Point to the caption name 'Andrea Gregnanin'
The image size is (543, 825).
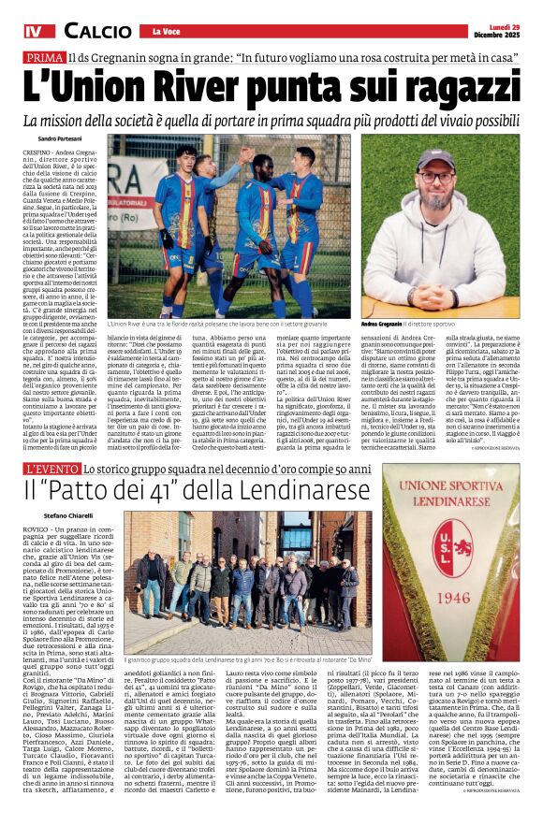pyautogui.click(x=391, y=324)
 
